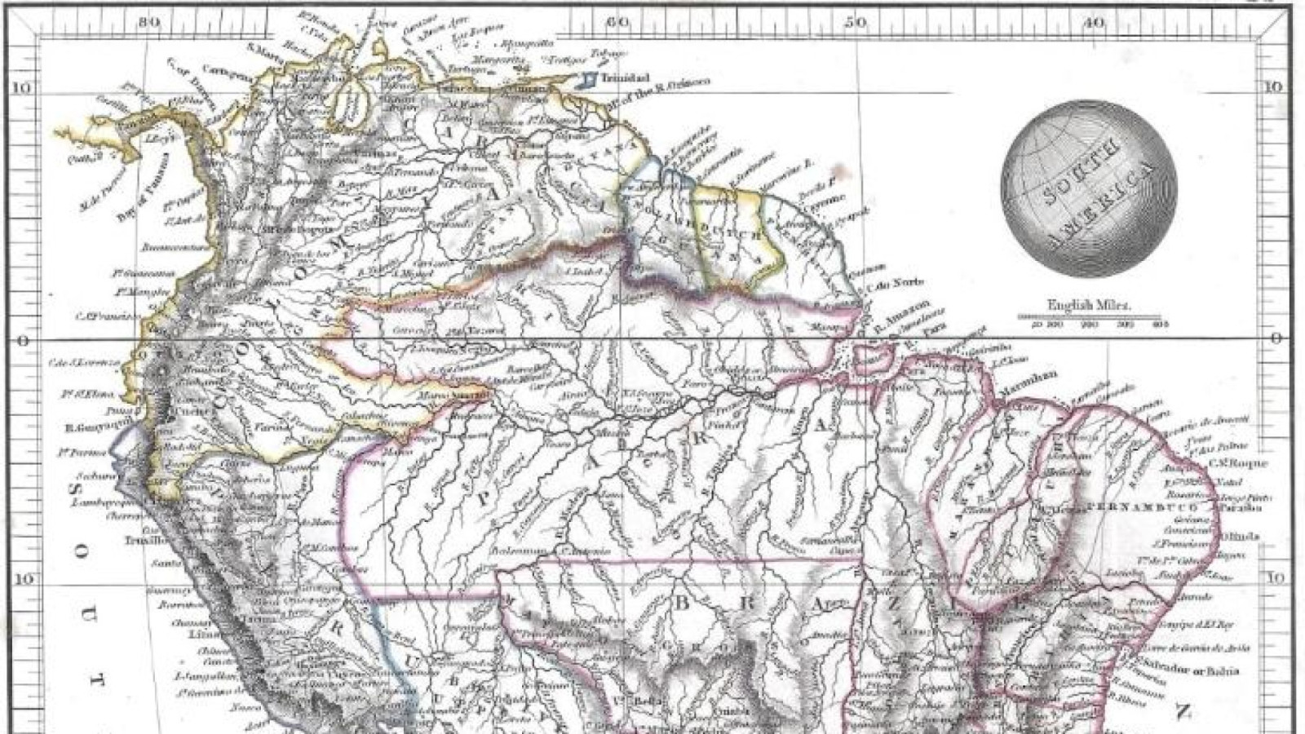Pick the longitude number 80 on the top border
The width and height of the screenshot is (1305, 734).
pos(148,23)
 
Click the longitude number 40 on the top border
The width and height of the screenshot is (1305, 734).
pos(1093,23)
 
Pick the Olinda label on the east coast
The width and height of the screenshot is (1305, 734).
pos(1241,537)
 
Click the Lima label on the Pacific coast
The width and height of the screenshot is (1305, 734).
pos(200,634)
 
